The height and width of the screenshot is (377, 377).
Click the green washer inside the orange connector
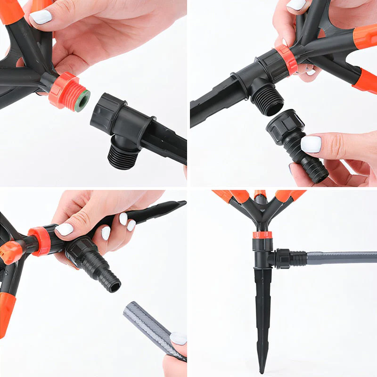(82, 100)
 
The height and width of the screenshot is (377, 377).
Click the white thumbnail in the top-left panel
(41, 17)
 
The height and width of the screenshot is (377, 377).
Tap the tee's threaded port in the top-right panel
(267, 99)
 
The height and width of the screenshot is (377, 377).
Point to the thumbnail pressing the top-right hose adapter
(311, 144)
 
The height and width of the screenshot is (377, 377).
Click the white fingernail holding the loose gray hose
(178, 338)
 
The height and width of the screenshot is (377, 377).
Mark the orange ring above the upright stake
(262, 235)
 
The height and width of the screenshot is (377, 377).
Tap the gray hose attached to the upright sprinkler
(339, 258)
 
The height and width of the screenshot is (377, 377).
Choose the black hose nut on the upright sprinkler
(283, 259)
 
